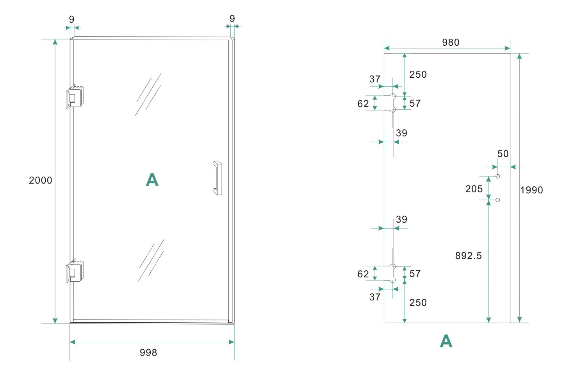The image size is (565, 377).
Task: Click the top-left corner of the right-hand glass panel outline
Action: click(384, 53)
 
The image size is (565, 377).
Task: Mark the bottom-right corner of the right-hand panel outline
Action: click(510, 323)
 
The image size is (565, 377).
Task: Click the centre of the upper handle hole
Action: click(498, 176)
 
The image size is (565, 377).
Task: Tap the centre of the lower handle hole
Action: click(498, 200)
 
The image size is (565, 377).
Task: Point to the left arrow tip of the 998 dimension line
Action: click(70, 342)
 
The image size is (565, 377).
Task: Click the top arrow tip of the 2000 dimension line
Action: click(55, 39)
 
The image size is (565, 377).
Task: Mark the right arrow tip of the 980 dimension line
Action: click(510, 48)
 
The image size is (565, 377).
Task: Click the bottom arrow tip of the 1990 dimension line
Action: click(519, 322)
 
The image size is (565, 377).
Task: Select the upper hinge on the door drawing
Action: click(75, 96)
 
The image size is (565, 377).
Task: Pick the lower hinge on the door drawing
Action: click(75, 271)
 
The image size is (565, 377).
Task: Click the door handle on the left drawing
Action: click(217, 178)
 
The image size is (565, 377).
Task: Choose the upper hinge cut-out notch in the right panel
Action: click(390, 103)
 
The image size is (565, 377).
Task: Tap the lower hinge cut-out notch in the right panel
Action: click(390, 273)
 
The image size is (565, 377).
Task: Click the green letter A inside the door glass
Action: click(152, 180)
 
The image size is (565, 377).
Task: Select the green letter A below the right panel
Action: click(446, 341)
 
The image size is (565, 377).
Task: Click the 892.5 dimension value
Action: click(469, 256)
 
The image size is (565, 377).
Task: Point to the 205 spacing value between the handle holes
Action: click(474, 189)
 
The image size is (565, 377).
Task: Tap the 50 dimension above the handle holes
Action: click(503, 154)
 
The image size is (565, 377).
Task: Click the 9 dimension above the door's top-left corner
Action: click(71, 19)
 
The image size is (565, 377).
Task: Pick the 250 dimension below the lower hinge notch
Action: click(418, 302)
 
